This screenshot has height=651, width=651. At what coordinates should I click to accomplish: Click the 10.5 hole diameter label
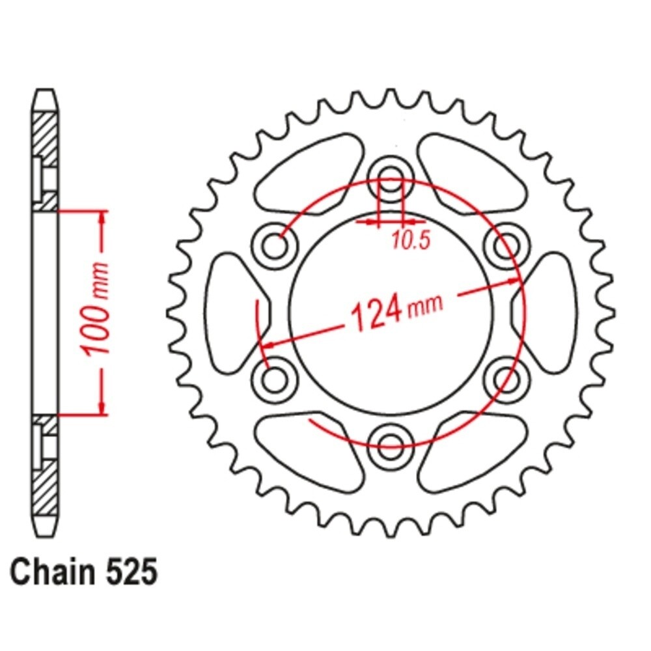411,241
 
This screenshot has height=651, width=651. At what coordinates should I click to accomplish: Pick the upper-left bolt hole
277,246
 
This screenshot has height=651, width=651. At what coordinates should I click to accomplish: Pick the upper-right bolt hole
505,246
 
